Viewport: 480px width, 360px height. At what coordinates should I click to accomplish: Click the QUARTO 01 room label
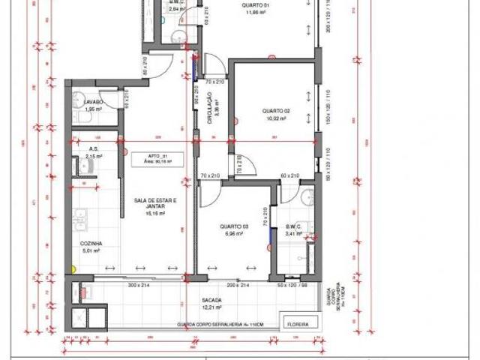(252, 5)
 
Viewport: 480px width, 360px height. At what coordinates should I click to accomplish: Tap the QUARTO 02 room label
(276, 111)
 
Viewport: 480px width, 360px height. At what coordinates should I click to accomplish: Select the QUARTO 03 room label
(235, 226)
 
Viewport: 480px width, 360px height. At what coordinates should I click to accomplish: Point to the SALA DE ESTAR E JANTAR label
(154, 204)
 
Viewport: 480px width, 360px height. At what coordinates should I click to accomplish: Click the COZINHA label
(91, 244)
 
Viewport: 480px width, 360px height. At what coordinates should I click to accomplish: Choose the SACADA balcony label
(211, 298)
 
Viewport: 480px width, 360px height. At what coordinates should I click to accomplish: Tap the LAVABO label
(93, 101)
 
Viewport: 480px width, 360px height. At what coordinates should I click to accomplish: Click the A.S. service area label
(94, 148)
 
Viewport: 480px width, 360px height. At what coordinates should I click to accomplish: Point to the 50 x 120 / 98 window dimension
(292, 286)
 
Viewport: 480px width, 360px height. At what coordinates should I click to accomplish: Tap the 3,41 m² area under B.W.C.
(293, 233)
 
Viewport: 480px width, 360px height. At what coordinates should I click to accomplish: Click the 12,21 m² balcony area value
(211, 307)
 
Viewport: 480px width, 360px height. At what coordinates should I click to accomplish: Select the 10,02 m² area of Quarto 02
(276, 118)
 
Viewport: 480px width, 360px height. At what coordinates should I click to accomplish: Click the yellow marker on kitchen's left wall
(72, 268)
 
